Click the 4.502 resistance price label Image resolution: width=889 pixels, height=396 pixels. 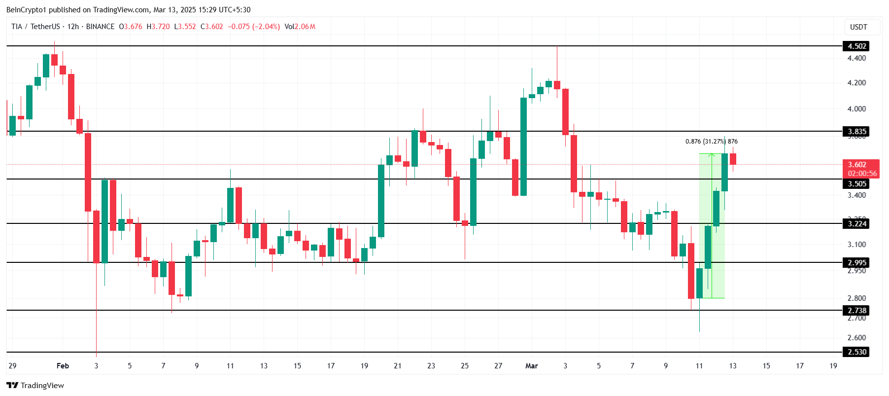coord(856,46)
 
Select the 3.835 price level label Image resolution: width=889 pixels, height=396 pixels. coord(856,132)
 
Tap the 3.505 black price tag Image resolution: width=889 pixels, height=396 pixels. coord(856,184)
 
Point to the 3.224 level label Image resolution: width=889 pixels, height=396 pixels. coord(856,224)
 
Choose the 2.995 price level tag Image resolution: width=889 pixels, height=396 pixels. coord(856,263)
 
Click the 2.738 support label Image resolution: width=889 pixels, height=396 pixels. coord(856,311)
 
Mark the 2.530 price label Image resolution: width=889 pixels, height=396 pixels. coord(856,352)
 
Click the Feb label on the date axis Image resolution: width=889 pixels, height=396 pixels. coord(63,366)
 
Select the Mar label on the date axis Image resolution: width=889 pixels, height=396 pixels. coord(531,366)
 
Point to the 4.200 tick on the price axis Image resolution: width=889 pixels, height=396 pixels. coord(856,83)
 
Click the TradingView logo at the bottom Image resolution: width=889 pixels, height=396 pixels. coord(35,385)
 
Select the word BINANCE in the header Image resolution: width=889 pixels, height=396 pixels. coord(100,27)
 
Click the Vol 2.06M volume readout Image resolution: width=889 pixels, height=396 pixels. coord(300,27)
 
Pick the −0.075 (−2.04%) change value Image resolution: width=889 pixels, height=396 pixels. coord(253,27)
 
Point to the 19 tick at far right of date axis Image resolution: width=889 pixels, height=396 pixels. coord(833,366)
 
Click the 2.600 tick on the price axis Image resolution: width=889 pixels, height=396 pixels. coord(856,338)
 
